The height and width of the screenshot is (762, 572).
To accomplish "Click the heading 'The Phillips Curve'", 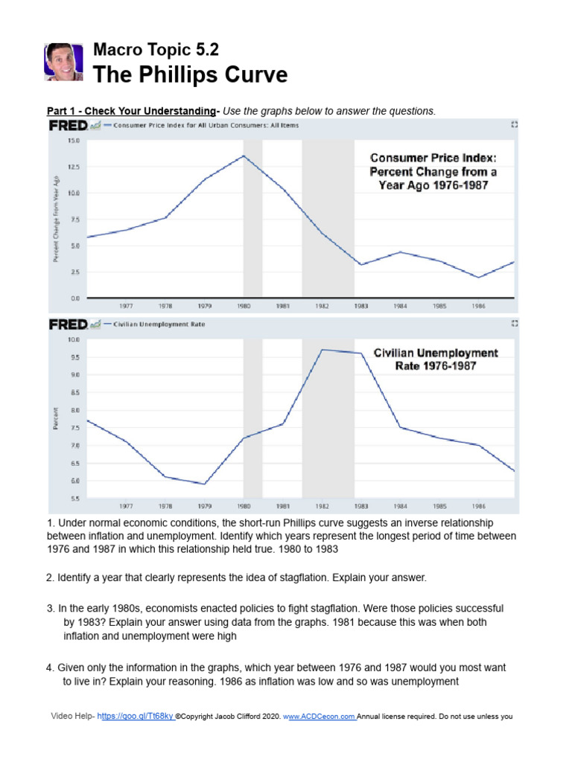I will pyautogui.click(x=190, y=74).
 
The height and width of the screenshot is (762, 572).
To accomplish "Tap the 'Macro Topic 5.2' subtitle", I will pyautogui.click(x=156, y=50).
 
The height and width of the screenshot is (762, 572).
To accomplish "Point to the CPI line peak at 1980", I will pyautogui.click(x=244, y=156).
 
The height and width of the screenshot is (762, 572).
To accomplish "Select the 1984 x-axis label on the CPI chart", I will pyautogui.click(x=400, y=305).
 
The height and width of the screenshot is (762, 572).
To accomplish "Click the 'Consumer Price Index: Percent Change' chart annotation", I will pyautogui.click(x=433, y=171).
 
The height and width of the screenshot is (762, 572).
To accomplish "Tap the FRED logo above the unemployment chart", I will pyautogui.click(x=69, y=324).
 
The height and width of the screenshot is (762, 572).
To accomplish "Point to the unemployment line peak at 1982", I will pyautogui.click(x=322, y=350).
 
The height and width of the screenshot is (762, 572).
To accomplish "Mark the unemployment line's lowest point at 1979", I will pyautogui.click(x=204, y=484).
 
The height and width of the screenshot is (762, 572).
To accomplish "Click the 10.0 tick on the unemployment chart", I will pyautogui.click(x=73, y=340).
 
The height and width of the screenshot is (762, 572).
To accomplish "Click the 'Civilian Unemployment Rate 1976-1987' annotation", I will pyautogui.click(x=436, y=359).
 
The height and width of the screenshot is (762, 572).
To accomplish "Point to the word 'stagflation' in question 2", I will pyautogui.click(x=358, y=577).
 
